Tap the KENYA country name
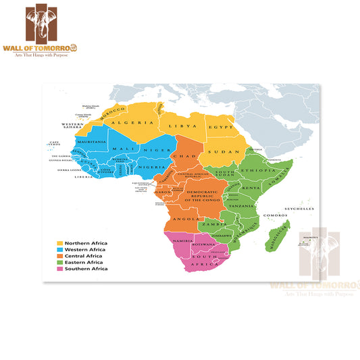tap(251, 186)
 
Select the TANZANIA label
tap(240, 205)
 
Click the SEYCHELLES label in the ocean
tap(301, 209)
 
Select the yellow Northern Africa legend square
tap(60, 243)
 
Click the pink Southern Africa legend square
tap(60, 269)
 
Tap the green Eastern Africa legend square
tap(60, 263)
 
